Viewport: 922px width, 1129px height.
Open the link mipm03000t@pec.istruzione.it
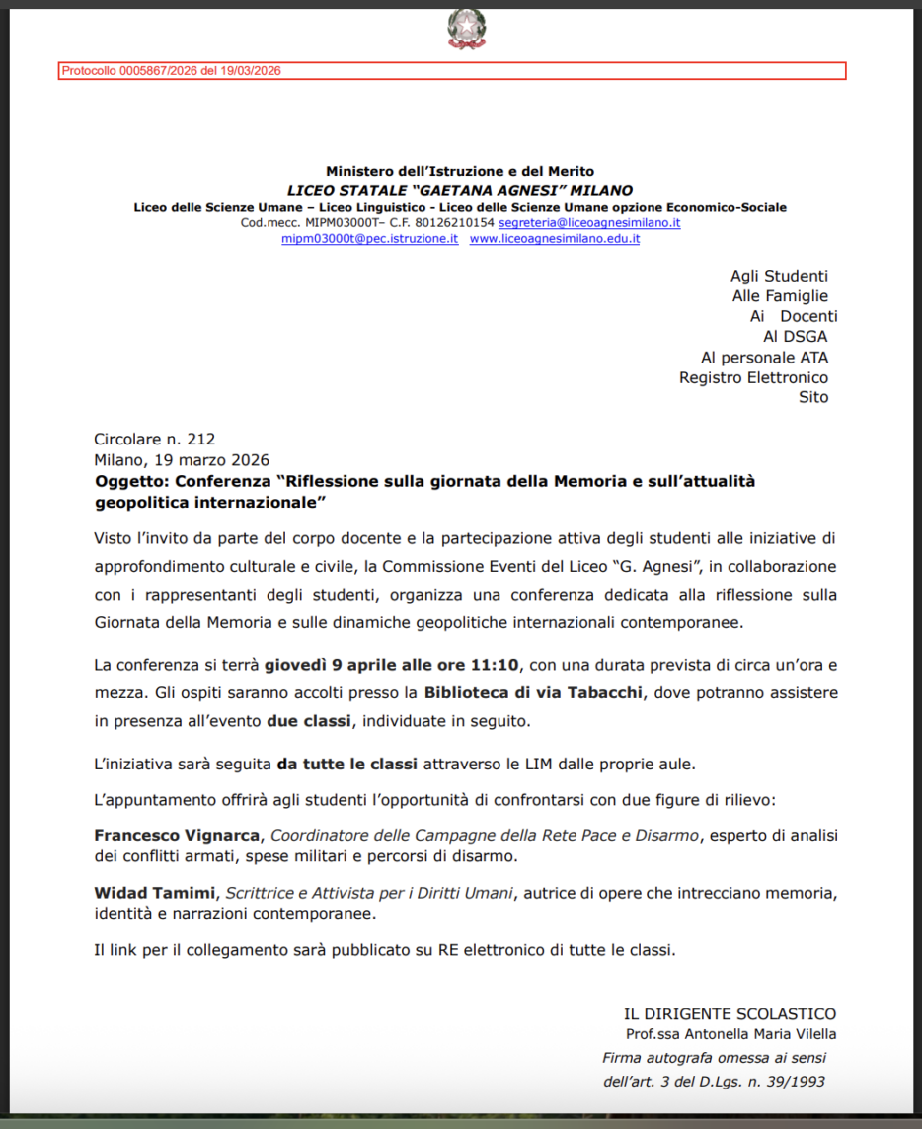click(x=369, y=239)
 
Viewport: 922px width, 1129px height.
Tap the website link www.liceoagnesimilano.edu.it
click(x=554, y=239)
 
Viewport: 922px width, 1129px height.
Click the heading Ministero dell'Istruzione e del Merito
click(x=460, y=172)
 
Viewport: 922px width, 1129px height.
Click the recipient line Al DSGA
click(x=795, y=337)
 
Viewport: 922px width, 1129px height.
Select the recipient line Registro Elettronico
click(x=753, y=377)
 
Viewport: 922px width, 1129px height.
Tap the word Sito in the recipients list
click(x=813, y=397)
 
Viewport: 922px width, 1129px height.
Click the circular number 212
click(x=200, y=440)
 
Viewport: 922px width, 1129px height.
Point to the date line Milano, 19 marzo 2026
click(x=182, y=459)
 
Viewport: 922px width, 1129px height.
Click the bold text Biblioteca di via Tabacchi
click(x=534, y=691)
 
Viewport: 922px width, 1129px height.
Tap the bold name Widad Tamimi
click(x=153, y=894)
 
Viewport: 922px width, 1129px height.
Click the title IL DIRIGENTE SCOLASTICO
click(x=730, y=1014)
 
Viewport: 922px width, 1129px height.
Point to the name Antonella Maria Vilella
click(x=759, y=1034)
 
